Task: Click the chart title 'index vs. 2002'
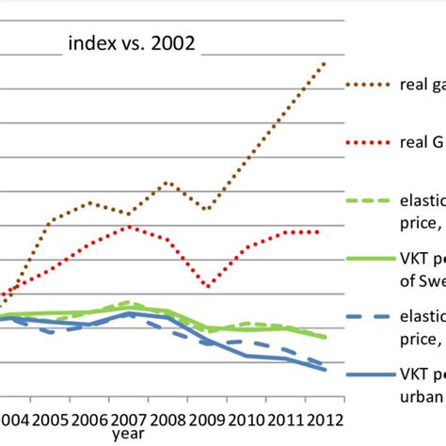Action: pos(131,42)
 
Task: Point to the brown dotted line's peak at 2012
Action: pos(325,63)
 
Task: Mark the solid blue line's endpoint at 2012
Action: pos(326,370)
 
